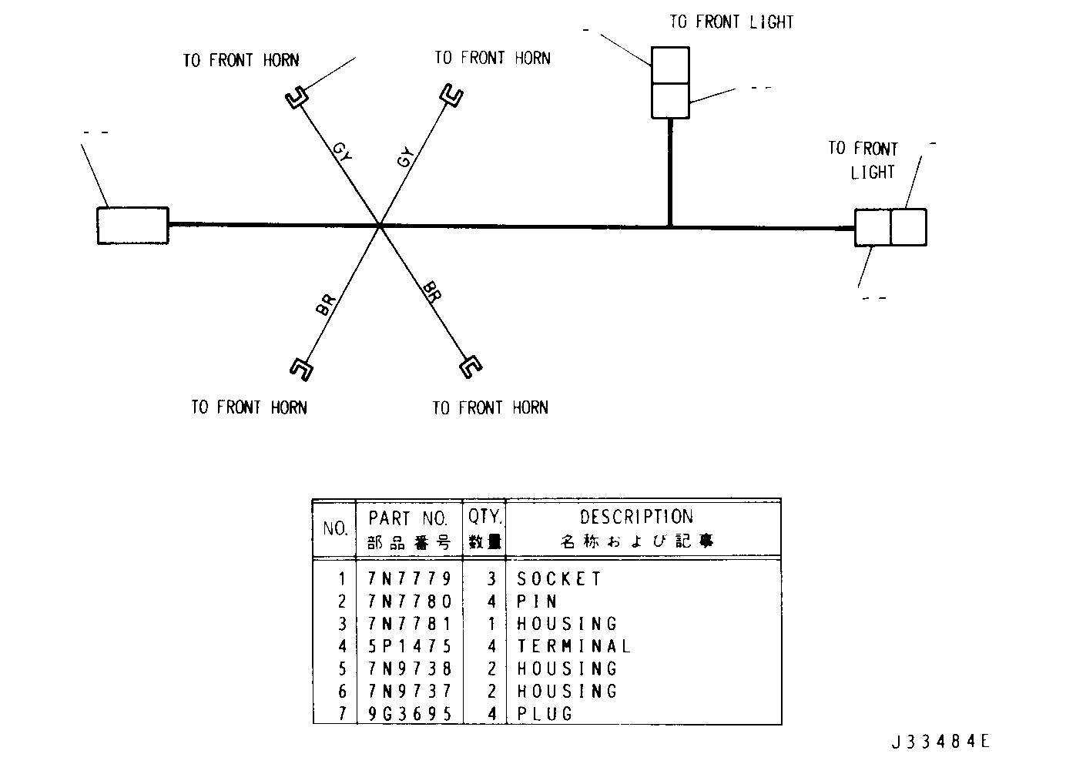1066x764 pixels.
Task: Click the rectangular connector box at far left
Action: click(x=132, y=226)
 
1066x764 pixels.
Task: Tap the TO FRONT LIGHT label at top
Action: click(x=732, y=22)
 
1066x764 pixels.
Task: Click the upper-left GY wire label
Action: click(x=342, y=151)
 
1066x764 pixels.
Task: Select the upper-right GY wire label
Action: click(x=405, y=157)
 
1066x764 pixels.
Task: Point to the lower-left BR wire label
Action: click(x=326, y=305)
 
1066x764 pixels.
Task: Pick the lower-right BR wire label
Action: click(x=432, y=292)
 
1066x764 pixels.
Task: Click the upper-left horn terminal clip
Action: click(x=297, y=97)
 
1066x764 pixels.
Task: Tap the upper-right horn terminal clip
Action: click(x=451, y=95)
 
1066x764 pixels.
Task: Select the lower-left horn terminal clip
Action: click(x=302, y=369)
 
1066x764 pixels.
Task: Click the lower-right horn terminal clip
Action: click(x=471, y=367)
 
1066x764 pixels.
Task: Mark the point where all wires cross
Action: click(x=380, y=226)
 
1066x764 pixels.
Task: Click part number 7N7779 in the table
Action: click(x=409, y=579)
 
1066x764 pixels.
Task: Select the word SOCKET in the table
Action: click(x=559, y=579)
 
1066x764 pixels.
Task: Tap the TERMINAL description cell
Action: click(x=574, y=646)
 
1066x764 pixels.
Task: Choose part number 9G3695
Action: click(x=409, y=714)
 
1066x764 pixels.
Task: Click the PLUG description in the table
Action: click(x=545, y=714)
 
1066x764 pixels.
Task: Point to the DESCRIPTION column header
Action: click(x=636, y=517)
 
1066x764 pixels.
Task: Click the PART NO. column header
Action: click(x=408, y=518)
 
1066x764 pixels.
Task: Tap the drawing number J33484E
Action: click(x=940, y=741)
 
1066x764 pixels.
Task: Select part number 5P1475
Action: click(x=409, y=646)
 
